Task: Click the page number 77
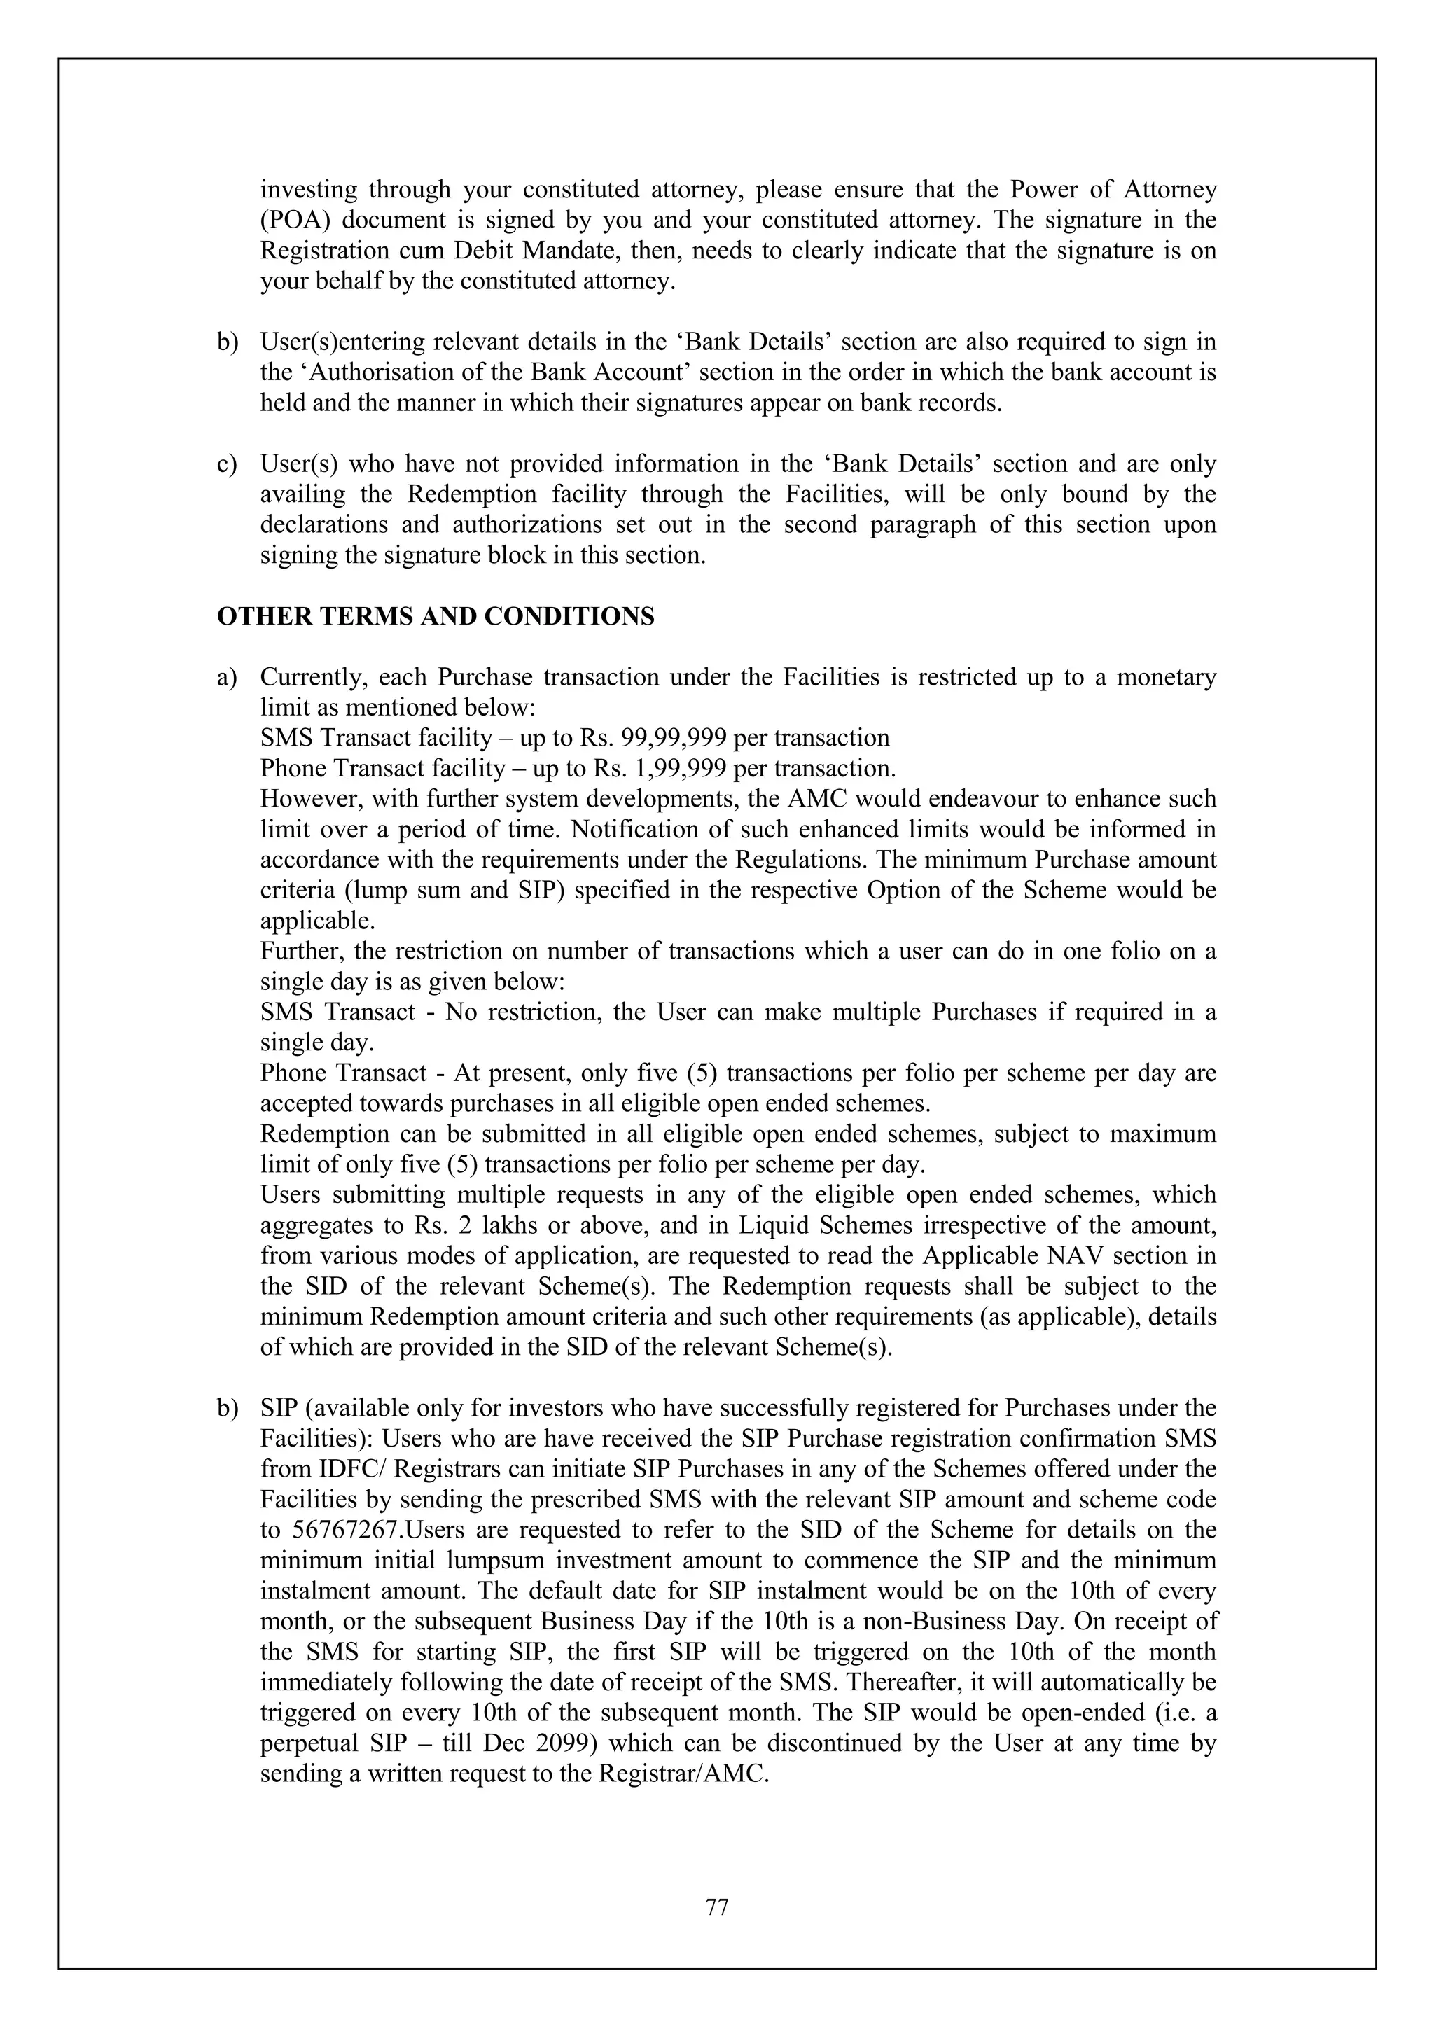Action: click(717, 1908)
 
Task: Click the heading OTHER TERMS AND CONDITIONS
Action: click(436, 616)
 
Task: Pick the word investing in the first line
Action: click(308, 190)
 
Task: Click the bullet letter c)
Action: click(227, 464)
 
